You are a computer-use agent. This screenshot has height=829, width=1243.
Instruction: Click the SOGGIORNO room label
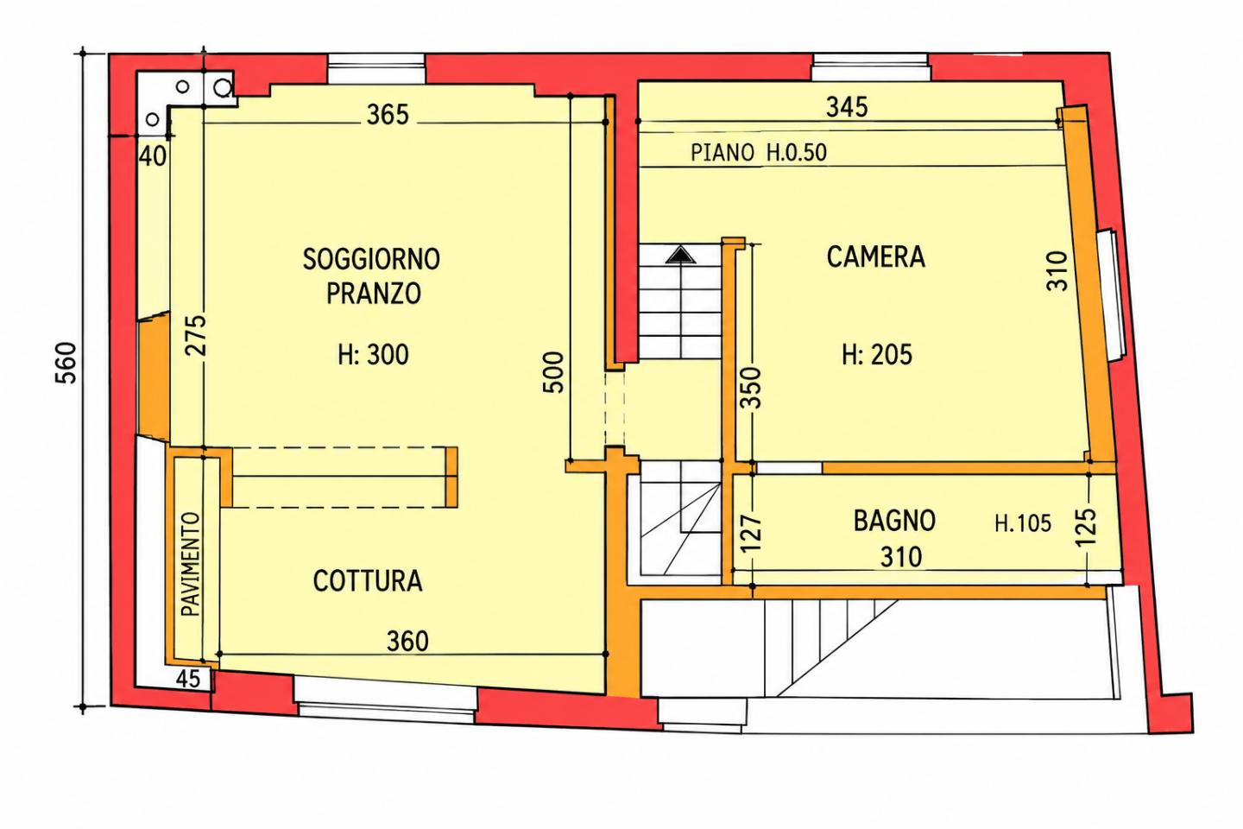371,259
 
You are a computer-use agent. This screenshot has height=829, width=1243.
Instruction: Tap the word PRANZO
374,294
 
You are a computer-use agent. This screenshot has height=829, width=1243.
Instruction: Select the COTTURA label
368,581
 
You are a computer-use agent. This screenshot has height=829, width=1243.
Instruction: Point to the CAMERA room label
875,257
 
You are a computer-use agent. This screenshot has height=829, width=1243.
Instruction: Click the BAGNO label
894,521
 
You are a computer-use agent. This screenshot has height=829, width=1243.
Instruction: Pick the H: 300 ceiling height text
374,355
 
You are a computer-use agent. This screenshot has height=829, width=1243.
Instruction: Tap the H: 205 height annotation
877,355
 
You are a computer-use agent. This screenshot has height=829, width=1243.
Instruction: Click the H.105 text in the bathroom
1023,523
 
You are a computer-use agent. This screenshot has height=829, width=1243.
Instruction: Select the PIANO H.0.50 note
759,153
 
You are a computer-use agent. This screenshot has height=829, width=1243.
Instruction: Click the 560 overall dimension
66,364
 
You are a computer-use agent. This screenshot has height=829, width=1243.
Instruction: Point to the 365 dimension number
388,115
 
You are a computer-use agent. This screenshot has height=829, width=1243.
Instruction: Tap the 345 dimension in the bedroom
847,107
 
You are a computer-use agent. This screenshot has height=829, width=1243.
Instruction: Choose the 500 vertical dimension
553,372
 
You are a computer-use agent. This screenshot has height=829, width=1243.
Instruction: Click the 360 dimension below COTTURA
407,642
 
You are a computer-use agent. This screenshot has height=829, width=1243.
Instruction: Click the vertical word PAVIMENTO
191,564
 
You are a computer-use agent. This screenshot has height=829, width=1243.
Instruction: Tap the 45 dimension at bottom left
187,679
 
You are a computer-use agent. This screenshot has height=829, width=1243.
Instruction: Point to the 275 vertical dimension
196,335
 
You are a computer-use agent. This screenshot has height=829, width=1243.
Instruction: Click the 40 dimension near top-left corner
153,156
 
